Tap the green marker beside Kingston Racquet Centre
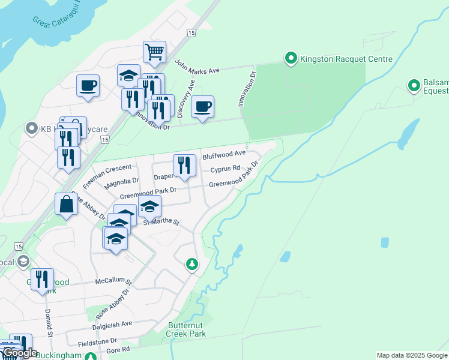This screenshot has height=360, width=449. click(291, 58)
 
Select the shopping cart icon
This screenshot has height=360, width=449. click(154, 52)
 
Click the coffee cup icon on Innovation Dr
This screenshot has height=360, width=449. click(202, 107)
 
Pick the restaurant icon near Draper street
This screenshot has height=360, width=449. click(184, 166)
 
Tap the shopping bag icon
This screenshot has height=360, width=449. click(65, 204)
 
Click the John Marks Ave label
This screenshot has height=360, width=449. click(197, 67)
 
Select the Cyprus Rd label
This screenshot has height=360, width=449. click(225, 169)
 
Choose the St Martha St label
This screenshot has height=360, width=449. click(161, 222)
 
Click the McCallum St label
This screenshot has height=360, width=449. click(113, 280)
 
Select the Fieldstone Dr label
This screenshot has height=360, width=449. click(97, 340)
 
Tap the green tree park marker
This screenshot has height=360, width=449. click(191, 263)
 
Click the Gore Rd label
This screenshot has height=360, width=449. click(118, 349)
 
